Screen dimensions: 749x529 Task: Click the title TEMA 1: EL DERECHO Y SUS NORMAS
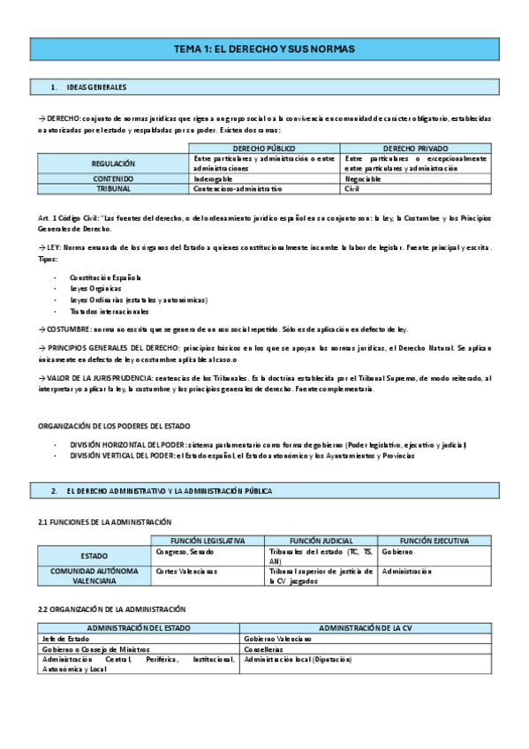pos(264,49)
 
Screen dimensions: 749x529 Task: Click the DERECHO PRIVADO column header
pos(416,148)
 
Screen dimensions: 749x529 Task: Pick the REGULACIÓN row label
pos(113,163)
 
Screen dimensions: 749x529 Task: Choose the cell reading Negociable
pos(363,178)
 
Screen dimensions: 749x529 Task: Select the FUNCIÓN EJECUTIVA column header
pos(434,541)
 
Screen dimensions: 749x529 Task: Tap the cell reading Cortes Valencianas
pos(186,571)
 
